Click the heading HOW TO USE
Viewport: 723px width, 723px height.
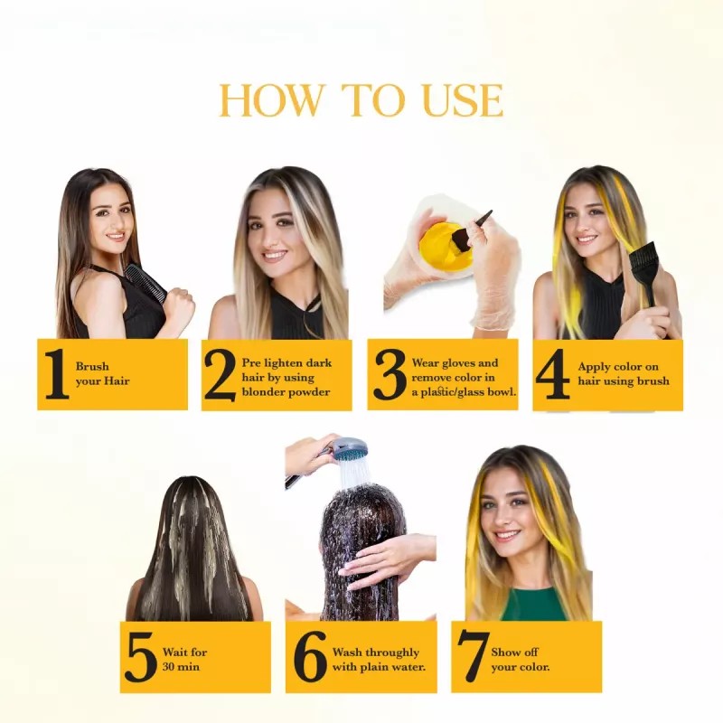pyautogui.click(x=361, y=100)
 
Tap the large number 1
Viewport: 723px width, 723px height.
pyautogui.click(x=56, y=374)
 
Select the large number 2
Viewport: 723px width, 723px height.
pyautogui.click(x=220, y=374)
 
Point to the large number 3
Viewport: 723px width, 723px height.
pyautogui.click(x=390, y=374)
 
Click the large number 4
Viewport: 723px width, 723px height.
pyautogui.click(x=552, y=374)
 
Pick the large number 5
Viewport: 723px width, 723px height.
pyautogui.click(x=141, y=657)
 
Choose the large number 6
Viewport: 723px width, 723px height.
pyautogui.click(x=311, y=657)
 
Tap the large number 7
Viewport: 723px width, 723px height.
pyautogui.click(x=473, y=657)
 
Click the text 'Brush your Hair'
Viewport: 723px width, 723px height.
pyautogui.click(x=102, y=374)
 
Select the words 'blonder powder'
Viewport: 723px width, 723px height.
pyautogui.click(x=286, y=391)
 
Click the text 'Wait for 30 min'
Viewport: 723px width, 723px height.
pyautogui.click(x=184, y=659)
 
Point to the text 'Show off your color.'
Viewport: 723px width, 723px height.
pyautogui.click(x=520, y=659)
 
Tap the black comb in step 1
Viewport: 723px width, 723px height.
pyautogui.click(x=145, y=282)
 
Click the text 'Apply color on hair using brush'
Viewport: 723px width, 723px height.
pyautogui.click(x=623, y=374)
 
